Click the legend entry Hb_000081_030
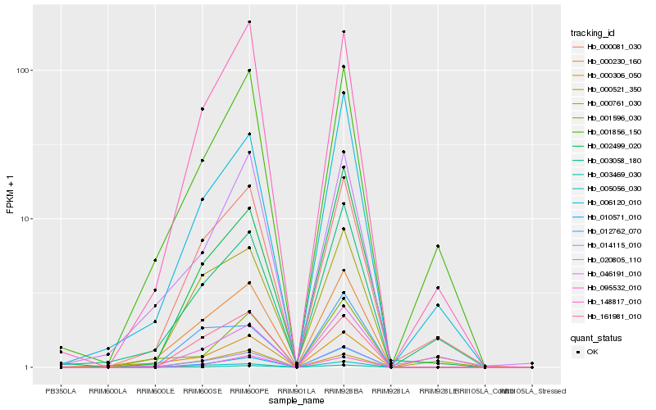tap(608, 48)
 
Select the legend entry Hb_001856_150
tap(608, 132)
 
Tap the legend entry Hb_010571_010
tap(608, 216)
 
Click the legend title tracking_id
tap(593, 33)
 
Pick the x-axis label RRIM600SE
tap(202, 391)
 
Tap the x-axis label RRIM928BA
tap(344, 391)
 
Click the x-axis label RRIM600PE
tap(249, 391)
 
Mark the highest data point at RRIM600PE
tap(249, 22)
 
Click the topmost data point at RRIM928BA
tap(344, 32)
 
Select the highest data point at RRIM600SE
tap(202, 109)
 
